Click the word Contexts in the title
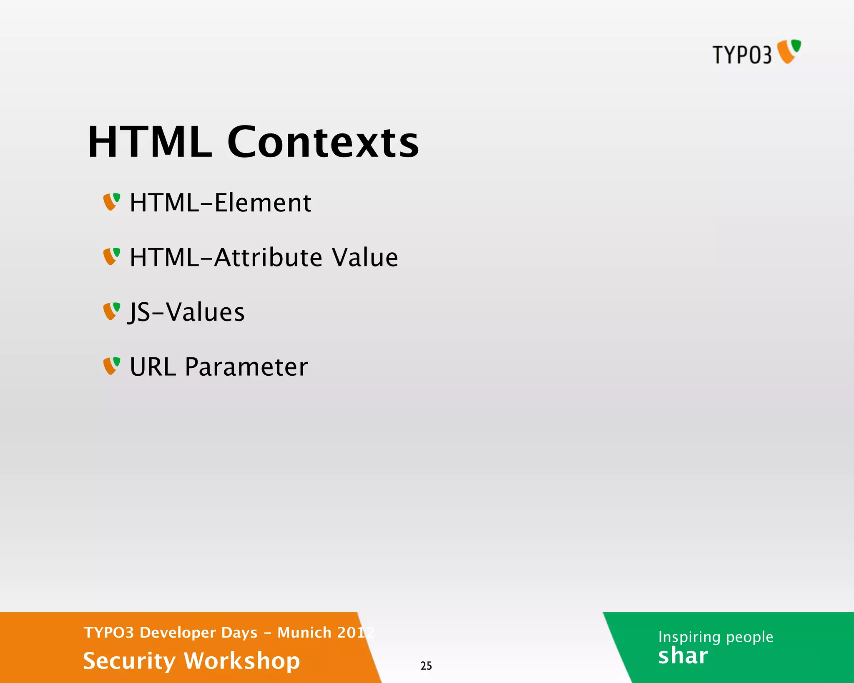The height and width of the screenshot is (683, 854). point(323,143)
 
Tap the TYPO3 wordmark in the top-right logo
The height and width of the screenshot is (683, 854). point(742,55)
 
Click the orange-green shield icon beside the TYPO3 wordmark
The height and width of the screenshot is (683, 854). point(789,51)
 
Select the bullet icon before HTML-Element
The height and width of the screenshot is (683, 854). point(111,202)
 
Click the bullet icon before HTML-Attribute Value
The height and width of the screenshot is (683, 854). point(111,256)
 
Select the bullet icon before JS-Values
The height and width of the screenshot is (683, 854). point(111,311)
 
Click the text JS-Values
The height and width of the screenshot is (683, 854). point(186,312)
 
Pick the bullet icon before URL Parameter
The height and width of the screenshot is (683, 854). point(111,366)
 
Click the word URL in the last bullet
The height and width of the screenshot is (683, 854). point(153,367)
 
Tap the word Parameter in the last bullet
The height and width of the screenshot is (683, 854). point(246,367)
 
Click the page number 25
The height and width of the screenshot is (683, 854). point(426,666)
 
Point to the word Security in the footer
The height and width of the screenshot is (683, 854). point(129,661)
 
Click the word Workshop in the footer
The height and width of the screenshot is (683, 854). point(242,661)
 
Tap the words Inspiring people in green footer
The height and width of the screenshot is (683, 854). point(716,637)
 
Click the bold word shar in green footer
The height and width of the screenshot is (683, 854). point(683,656)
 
